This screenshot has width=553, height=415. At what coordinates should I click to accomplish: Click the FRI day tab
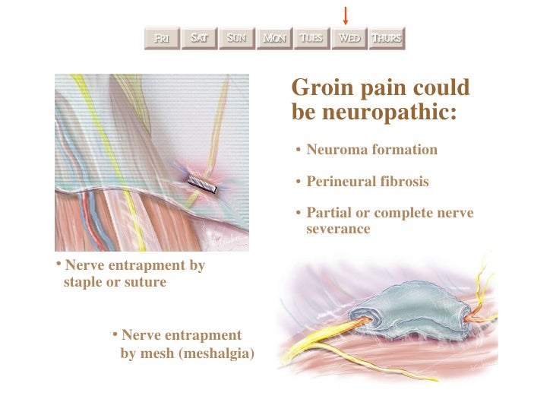click(x=162, y=38)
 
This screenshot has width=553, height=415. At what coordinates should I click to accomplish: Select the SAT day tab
click(x=199, y=38)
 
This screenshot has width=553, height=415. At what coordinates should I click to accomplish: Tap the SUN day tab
click(x=236, y=38)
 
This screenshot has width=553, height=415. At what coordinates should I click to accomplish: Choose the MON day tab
click(x=274, y=38)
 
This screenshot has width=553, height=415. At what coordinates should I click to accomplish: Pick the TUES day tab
click(x=311, y=38)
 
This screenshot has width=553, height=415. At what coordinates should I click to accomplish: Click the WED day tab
click(x=349, y=38)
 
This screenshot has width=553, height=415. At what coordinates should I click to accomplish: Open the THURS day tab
click(x=387, y=38)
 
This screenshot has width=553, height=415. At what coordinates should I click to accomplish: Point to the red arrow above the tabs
click(x=346, y=14)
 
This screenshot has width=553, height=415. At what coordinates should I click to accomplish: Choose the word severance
click(x=338, y=228)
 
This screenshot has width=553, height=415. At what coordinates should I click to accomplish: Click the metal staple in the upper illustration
click(x=204, y=183)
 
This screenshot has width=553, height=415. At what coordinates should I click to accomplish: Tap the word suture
click(x=145, y=282)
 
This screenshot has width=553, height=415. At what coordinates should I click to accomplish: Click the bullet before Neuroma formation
click(x=299, y=150)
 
